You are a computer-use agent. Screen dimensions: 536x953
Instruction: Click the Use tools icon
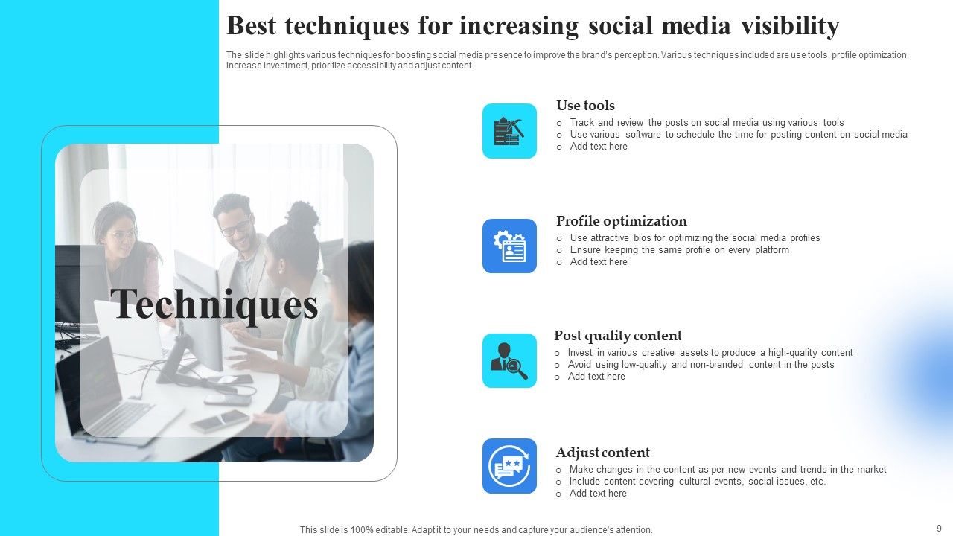[x=509, y=131]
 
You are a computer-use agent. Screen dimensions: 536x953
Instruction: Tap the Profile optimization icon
[x=509, y=246]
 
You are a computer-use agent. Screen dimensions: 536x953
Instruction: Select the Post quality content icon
[x=509, y=360]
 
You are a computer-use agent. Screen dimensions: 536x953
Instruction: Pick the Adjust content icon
[x=509, y=466]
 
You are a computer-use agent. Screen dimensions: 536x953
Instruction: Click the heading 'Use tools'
[x=585, y=106]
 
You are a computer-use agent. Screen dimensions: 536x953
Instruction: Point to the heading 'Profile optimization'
[x=621, y=221]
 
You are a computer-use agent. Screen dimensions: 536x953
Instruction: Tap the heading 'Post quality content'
[x=617, y=336]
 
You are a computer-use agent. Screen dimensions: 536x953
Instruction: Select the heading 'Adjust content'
[x=602, y=453]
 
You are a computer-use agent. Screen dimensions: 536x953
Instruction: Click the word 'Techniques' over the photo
[x=214, y=305]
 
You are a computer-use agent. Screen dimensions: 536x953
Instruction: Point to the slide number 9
[x=939, y=528]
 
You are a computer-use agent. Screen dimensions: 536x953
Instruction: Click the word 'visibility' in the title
[x=790, y=26]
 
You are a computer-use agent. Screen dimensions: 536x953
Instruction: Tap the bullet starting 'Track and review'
[x=707, y=123]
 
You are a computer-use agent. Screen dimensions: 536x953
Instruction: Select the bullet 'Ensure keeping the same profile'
[x=679, y=250]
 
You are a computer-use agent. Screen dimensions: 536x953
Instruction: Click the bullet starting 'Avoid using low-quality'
[x=701, y=365]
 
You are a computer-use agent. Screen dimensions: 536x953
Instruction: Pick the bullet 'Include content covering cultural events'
[x=697, y=482]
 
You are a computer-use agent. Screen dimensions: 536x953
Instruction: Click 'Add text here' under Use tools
[x=599, y=147]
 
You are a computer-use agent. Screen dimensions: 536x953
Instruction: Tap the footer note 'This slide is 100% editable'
[x=476, y=530]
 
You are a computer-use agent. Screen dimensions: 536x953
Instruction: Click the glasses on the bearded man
[x=235, y=228]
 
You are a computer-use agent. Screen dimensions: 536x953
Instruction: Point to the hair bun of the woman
[x=303, y=215]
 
